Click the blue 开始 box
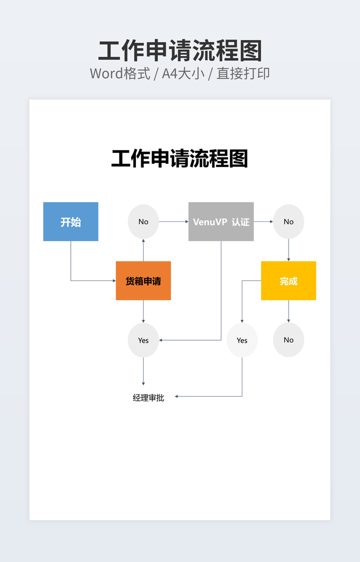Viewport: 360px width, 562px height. point(71,222)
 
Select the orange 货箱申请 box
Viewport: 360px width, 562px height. point(143,280)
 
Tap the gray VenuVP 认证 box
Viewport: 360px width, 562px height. point(221,222)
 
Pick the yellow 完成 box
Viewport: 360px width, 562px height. point(288,280)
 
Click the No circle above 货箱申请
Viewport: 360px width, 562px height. point(143,221)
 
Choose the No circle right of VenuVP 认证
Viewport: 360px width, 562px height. point(289,221)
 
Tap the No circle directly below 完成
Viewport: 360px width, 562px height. point(289,340)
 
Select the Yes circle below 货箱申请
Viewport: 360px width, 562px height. point(143,340)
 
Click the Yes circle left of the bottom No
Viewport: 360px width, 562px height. point(242,340)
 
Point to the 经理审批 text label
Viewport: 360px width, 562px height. point(149,398)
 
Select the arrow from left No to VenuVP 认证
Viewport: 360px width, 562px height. point(174,221)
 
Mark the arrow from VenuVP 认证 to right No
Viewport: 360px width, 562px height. point(263,221)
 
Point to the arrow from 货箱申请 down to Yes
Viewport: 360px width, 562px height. point(143,311)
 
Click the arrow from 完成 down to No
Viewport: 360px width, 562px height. point(289,311)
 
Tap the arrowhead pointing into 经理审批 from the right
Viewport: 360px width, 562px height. point(177,396)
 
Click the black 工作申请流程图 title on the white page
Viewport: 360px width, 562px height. point(179,159)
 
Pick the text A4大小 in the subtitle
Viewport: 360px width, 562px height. point(183,73)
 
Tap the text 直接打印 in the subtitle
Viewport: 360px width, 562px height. point(243,73)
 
